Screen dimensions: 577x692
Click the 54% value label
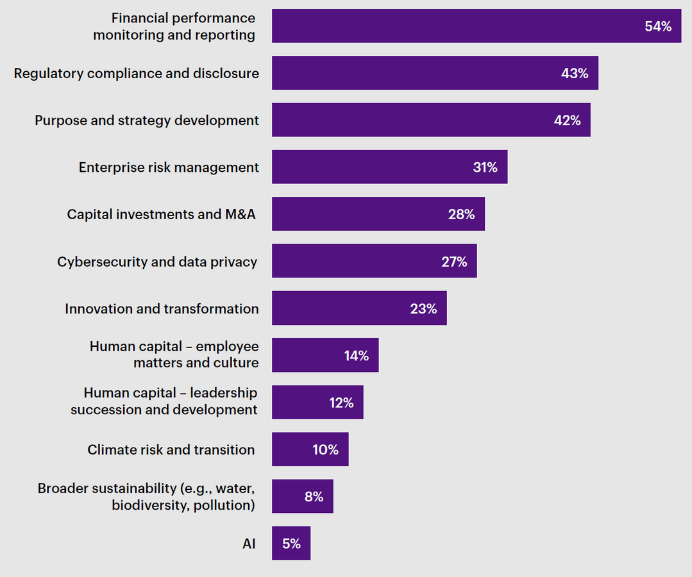(x=657, y=26)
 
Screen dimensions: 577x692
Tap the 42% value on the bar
(x=567, y=121)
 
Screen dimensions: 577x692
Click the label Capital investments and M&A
(x=161, y=214)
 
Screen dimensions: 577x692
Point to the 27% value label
(x=454, y=262)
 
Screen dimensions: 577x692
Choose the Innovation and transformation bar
(x=359, y=308)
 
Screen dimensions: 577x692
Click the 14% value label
(x=357, y=356)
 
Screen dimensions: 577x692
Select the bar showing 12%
(x=317, y=403)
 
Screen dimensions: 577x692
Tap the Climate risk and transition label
(x=171, y=449)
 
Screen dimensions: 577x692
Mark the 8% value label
(x=314, y=497)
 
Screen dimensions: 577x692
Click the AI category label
(x=249, y=544)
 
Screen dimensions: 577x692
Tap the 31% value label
(x=485, y=167)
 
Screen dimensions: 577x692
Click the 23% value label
(x=423, y=308)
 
